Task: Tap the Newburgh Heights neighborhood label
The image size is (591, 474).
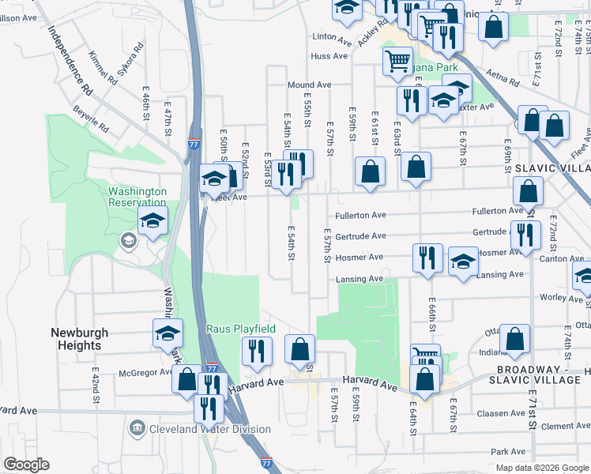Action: pos(79,339)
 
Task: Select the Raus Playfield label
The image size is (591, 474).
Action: pos(241,329)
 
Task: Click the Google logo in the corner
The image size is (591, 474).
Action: pos(26,465)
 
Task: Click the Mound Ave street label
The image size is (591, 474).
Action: pos(309,85)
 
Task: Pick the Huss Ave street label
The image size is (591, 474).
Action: pos(329,56)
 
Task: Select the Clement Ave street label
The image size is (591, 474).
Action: pos(567,426)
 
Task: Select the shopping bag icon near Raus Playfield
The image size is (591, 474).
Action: pos(300,349)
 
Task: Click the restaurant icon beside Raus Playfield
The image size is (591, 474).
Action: pos(256,351)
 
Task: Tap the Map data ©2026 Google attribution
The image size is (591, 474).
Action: pos(542,468)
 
